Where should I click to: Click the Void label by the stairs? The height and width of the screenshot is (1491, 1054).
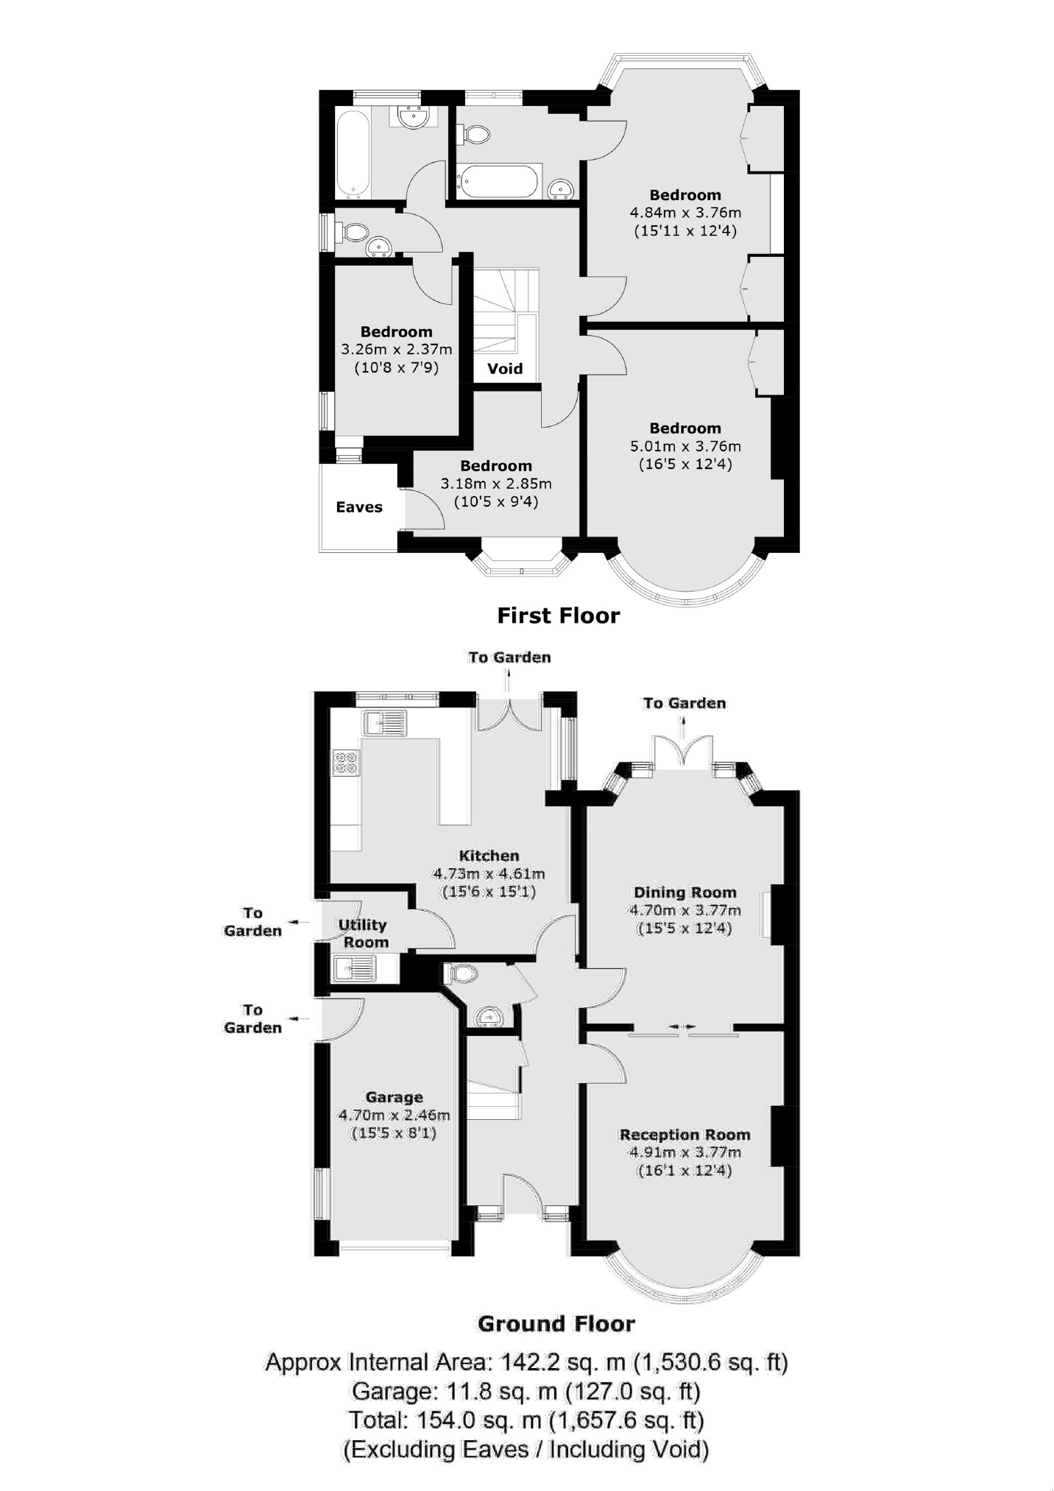tap(505, 368)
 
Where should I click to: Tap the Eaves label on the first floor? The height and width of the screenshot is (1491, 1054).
tap(359, 507)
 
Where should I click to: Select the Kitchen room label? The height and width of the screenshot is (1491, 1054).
tap(489, 856)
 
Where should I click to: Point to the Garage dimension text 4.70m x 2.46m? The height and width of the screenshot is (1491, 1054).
tap(394, 1115)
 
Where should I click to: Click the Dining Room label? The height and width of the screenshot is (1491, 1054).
tap(685, 892)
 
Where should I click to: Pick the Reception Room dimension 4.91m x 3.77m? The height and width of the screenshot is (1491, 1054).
tap(685, 1152)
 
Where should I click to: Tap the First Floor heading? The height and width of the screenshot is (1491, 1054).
tap(559, 616)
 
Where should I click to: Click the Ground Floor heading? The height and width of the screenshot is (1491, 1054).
tap(556, 1324)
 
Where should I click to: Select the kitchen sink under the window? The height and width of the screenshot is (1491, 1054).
tap(385, 722)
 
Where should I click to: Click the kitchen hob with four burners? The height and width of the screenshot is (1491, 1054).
tap(346, 762)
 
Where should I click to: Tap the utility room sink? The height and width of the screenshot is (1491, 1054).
tap(354, 968)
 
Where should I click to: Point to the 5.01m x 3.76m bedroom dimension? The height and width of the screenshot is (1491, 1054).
tap(685, 446)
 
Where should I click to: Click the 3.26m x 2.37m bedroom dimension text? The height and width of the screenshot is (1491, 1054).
tap(397, 349)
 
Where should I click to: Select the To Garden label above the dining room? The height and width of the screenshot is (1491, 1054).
tap(685, 703)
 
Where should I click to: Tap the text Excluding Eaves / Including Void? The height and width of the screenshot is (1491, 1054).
tap(526, 1449)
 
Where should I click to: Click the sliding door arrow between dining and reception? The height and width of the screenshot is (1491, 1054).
tap(682, 1026)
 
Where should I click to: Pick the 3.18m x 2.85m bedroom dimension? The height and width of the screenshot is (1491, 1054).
tap(496, 484)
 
